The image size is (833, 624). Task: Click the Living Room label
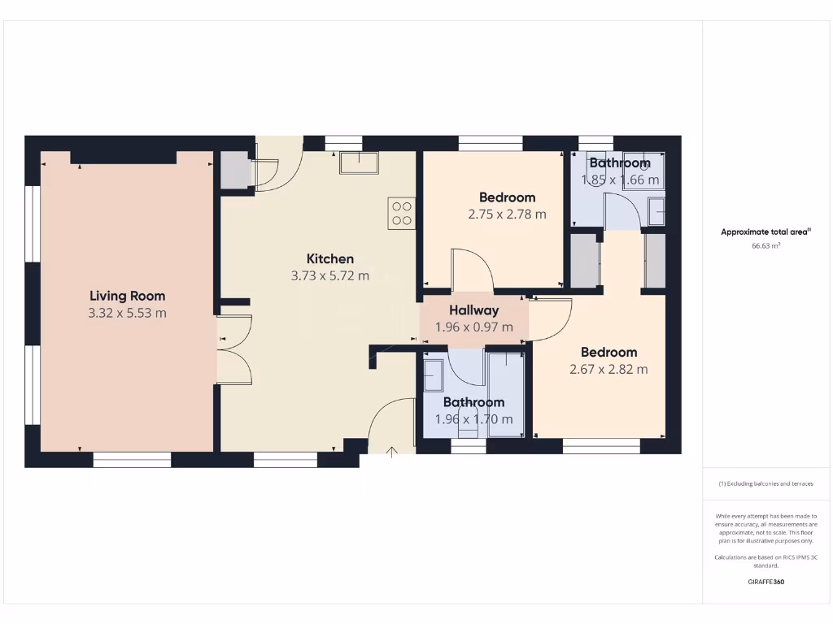click(128, 296)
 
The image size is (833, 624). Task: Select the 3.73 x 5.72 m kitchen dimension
click(330, 275)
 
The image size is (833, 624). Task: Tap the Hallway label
click(474, 310)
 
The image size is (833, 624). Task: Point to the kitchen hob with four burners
click(402, 213)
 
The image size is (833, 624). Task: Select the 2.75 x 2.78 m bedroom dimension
click(507, 214)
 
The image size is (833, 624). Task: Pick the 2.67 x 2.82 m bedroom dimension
click(608, 369)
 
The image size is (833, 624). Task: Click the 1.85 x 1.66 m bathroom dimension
click(620, 180)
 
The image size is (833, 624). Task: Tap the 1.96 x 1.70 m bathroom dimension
click(474, 419)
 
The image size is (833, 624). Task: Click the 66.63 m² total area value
click(765, 245)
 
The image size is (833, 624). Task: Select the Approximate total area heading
click(765, 232)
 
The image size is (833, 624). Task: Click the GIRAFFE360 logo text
click(765, 582)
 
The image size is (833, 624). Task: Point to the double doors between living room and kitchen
click(234, 350)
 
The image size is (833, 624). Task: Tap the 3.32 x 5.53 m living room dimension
click(128, 313)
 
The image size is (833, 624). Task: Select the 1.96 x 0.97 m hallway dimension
click(474, 327)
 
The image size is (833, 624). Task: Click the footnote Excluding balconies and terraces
click(765, 483)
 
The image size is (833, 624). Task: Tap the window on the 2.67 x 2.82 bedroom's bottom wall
click(601, 445)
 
